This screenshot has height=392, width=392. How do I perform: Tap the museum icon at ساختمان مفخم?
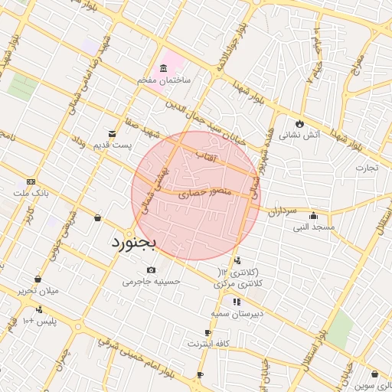pos(165,69)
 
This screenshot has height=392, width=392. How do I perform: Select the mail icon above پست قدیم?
pos(113,134)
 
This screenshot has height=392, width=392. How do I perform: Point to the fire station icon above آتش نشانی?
pos(299,123)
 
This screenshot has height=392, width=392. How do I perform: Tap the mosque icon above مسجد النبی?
pos(312,215)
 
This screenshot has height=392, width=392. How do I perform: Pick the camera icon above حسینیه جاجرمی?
pos(151,269)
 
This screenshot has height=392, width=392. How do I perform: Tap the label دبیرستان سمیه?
pos(237,314)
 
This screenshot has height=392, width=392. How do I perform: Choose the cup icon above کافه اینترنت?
pos(207,332)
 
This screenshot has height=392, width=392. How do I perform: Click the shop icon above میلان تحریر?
pos(38,279)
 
